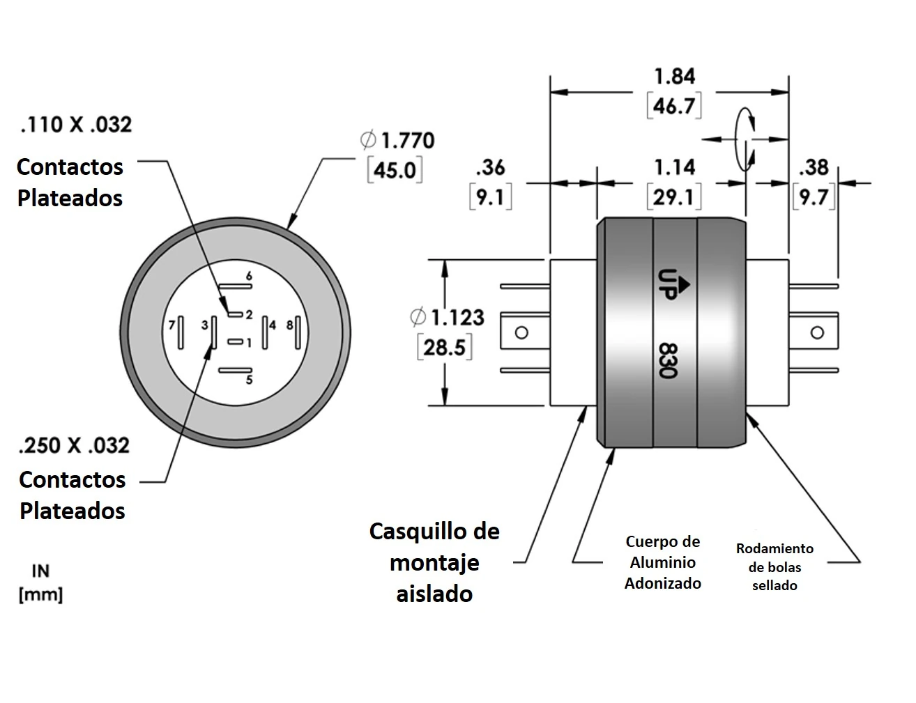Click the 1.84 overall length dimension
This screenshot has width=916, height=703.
pos(674,76)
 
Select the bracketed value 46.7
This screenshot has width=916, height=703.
pos(674,106)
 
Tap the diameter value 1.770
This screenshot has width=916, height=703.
pos(407,140)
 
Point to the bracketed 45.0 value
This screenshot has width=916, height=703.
pos(395,170)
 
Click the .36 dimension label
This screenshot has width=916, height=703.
pos(490,167)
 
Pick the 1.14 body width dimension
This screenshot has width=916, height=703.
pos(674,167)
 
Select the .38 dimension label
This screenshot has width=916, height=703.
pos(813,167)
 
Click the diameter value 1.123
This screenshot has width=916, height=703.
pos(457,318)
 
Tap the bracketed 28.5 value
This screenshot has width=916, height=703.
pos(445,347)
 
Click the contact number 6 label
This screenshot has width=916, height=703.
pos(249,277)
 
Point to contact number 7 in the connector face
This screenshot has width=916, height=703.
pos(171,325)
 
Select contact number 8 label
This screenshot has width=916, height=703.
pos(290,325)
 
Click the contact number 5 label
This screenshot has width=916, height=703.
pos(249,380)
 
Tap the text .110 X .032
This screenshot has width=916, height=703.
pos(76,125)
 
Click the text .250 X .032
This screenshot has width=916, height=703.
pos(75,445)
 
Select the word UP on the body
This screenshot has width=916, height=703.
pos(667,284)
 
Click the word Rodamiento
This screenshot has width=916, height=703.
pos(774,549)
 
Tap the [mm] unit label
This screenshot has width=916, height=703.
pos(40,595)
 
